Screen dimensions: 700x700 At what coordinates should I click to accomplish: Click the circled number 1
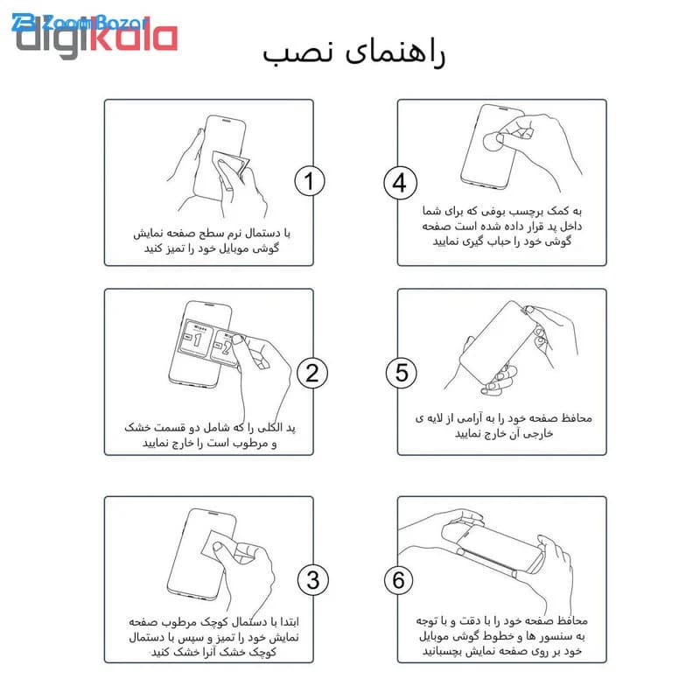310,181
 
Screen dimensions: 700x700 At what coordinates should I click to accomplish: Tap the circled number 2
312,374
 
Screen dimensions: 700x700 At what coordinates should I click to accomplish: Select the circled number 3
313,580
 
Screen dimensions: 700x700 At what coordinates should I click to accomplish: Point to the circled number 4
401,183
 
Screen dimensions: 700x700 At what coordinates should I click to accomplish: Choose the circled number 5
402,374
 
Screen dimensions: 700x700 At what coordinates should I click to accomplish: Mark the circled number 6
399,580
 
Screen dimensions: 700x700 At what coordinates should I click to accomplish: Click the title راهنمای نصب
353,53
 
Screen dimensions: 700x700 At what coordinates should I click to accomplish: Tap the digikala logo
96,38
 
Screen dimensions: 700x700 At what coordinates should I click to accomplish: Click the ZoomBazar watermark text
80,23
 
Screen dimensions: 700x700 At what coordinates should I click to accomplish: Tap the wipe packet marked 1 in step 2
194,339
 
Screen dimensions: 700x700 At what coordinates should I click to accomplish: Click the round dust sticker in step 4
493,142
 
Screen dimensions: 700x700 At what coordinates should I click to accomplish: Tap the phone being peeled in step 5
499,342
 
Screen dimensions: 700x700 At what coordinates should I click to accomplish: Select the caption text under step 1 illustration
211,241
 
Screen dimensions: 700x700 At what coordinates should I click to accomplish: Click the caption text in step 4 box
501,226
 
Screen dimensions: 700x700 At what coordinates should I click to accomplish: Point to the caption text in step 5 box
504,426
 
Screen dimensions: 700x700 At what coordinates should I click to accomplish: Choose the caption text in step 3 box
213,637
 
